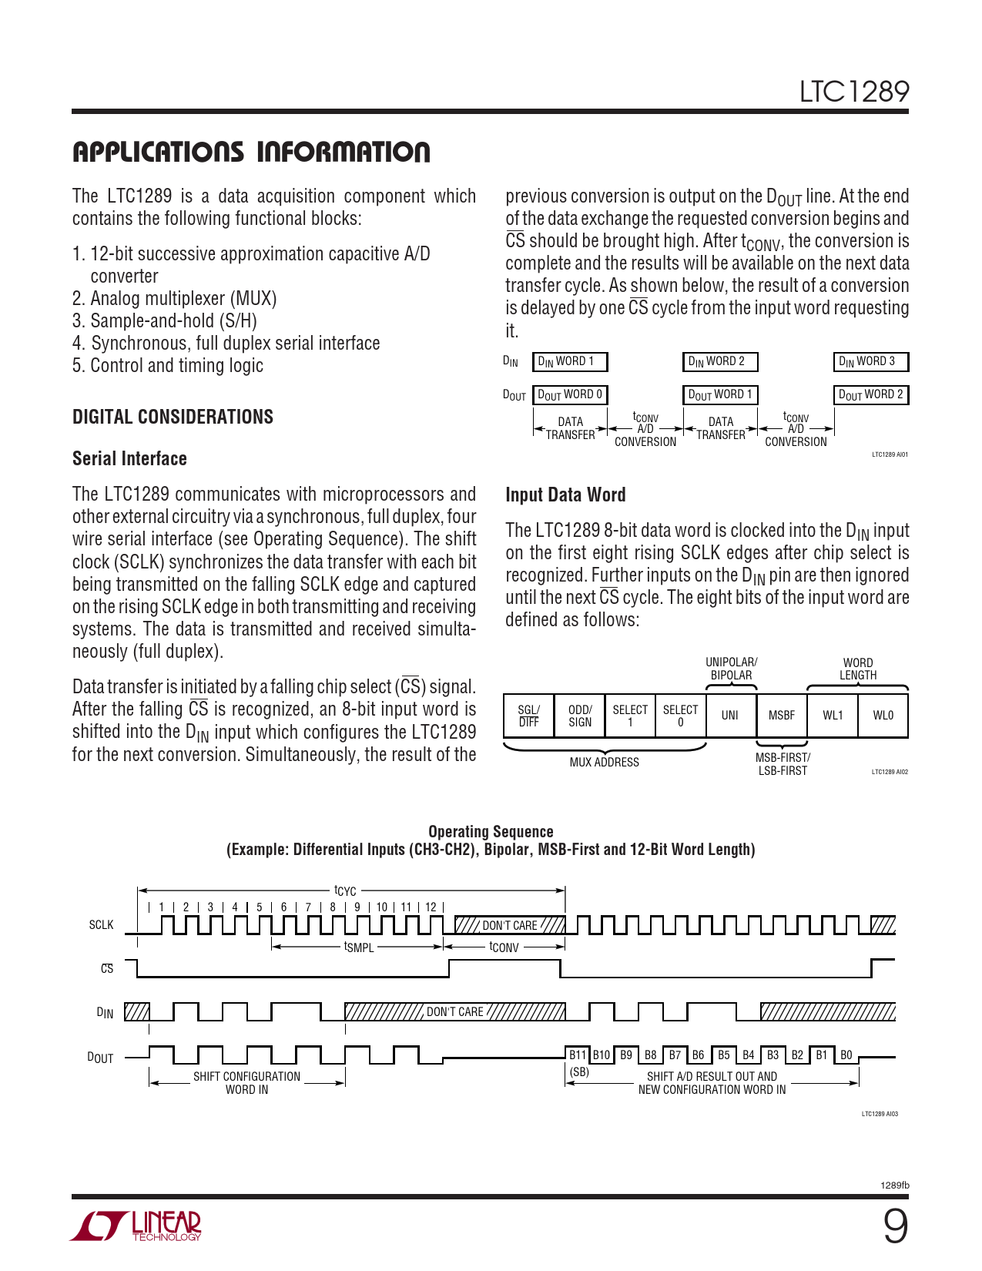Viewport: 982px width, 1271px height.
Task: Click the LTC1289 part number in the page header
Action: click(x=853, y=92)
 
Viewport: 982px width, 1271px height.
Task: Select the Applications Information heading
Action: click(x=251, y=153)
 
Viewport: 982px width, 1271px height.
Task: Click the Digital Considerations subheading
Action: click(x=173, y=417)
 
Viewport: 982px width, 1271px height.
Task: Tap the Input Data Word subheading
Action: click(x=565, y=495)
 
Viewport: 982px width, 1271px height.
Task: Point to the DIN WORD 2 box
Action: click(x=720, y=361)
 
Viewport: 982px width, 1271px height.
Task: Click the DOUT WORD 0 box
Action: click(x=570, y=394)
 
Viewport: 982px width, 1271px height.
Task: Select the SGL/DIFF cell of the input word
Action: click(x=528, y=716)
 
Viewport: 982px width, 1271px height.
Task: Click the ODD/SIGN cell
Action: click(x=579, y=716)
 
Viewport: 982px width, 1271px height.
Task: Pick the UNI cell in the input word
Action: click(x=729, y=716)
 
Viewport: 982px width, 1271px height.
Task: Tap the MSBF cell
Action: click(x=781, y=716)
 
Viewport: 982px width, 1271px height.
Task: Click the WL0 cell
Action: click(x=883, y=716)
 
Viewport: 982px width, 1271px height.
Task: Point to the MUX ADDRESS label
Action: click(x=604, y=762)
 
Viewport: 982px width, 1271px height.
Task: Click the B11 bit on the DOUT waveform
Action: click(x=577, y=1055)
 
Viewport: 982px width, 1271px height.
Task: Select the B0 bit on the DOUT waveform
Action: click(x=846, y=1055)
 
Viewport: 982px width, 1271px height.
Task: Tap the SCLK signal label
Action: click(x=101, y=924)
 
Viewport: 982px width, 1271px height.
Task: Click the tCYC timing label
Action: click(x=345, y=891)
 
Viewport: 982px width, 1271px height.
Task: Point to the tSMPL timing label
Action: click(x=359, y=947)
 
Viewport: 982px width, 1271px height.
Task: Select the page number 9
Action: click(x=895, y=1226)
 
